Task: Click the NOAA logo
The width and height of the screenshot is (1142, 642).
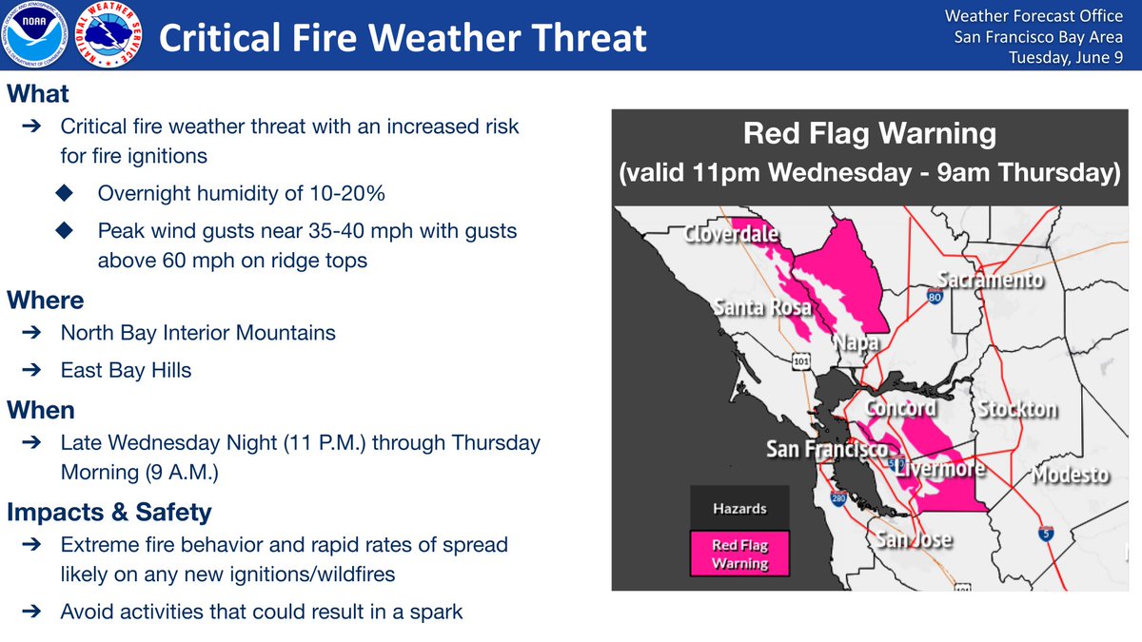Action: pyautogui.click(x=34, y=34)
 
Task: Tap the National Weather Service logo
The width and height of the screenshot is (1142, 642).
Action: pyautogui.click(x=108, y=34)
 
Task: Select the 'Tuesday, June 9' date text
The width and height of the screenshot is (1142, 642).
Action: pyautogui.click(x=1066, y=57)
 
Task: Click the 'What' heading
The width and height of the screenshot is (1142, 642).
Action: pyautogui.click(x=38, y=94)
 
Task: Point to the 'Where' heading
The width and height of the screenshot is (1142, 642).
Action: pyautogui.click(x=46, y=301)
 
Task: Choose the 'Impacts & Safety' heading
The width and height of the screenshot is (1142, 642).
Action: pyautogui.click(x=109, y=512)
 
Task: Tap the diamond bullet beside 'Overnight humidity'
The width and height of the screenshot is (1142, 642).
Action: pyautogui.click(x=65, y=193)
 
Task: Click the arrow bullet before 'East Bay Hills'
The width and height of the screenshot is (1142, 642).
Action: pyautogui.click(x=31, y=369)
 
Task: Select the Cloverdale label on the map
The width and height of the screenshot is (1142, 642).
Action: pyautogui.click(x=731, y=234)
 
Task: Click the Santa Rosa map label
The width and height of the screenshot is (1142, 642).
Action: pyautogui.click(x=762, y=307)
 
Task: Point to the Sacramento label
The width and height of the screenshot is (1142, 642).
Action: pyautogui.click(x=991, y=280)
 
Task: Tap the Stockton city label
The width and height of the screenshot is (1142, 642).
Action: pyautogui.click(x=1017, y=409)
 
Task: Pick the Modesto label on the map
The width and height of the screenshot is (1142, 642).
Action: pyautogui.click(x=1070, y=475)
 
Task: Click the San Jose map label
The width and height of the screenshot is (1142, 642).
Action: pyautogui.click(x=914, y=539)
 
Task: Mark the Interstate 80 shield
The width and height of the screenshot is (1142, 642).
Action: pyautogui.click(x=935, y=296)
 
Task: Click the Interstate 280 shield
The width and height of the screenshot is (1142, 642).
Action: pyautogui.click(x=838, y=498)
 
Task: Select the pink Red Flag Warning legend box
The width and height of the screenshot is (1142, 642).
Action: pyautogui.click(x=739, y=554)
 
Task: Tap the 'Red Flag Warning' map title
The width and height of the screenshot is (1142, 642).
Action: pyautogui.click(x=870, y=133)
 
